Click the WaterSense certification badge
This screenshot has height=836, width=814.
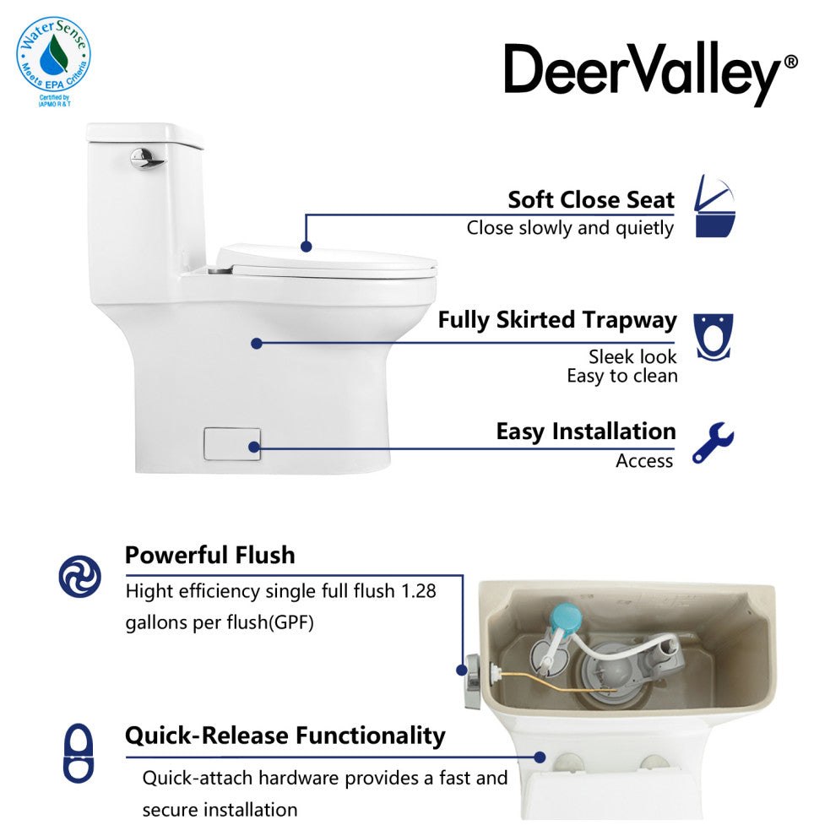53,60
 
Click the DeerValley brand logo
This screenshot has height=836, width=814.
650,73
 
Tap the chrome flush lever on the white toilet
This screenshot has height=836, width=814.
146,159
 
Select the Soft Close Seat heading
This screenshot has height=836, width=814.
590,200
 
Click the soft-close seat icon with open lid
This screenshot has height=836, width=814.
715,206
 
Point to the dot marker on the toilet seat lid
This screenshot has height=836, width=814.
306,247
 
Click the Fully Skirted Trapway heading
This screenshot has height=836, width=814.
557,320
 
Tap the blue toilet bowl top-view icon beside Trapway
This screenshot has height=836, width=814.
714,337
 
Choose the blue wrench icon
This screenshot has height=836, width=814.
714,442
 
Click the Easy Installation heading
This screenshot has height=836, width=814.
586,432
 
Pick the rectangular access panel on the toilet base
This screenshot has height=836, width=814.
232,443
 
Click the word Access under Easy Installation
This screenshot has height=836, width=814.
644,461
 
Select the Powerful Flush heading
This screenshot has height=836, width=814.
209,555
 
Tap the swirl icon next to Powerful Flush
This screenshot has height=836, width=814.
80,576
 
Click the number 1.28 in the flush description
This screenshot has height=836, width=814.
419,591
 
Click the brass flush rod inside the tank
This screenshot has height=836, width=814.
555,682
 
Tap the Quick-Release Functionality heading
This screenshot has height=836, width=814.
285,736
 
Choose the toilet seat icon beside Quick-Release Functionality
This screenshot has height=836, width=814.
79,753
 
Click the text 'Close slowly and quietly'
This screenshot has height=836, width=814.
570,228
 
